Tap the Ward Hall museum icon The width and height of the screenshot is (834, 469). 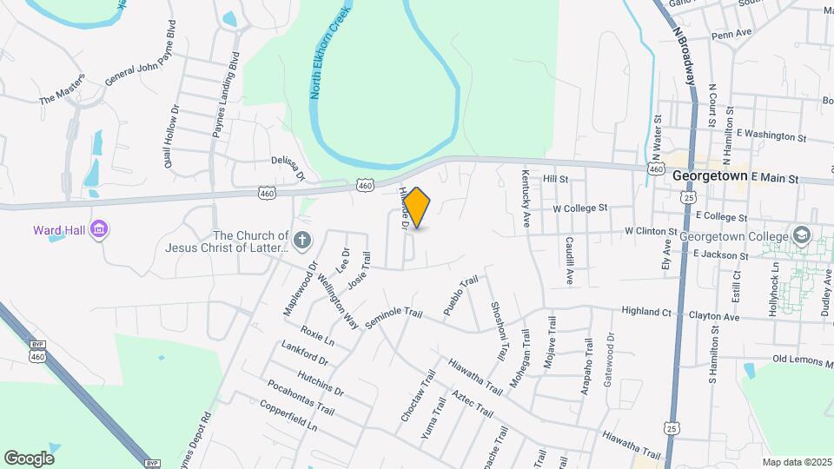[x=100, y=230]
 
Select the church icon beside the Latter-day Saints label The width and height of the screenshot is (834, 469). [x=301, y=241]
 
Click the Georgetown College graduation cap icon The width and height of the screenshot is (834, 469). [x=800, y=236]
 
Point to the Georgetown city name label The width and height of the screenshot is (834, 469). [x=710, y=175]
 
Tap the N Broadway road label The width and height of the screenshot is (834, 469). [x=685, y=53]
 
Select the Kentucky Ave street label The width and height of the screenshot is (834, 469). [x=525, y=199]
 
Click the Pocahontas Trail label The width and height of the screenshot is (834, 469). [x=301, y=397]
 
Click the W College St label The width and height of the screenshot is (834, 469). [x=579, y=208]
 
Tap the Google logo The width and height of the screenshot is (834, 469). [x=29, y=458]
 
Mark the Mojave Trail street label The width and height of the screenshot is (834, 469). [x=550, y=344]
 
